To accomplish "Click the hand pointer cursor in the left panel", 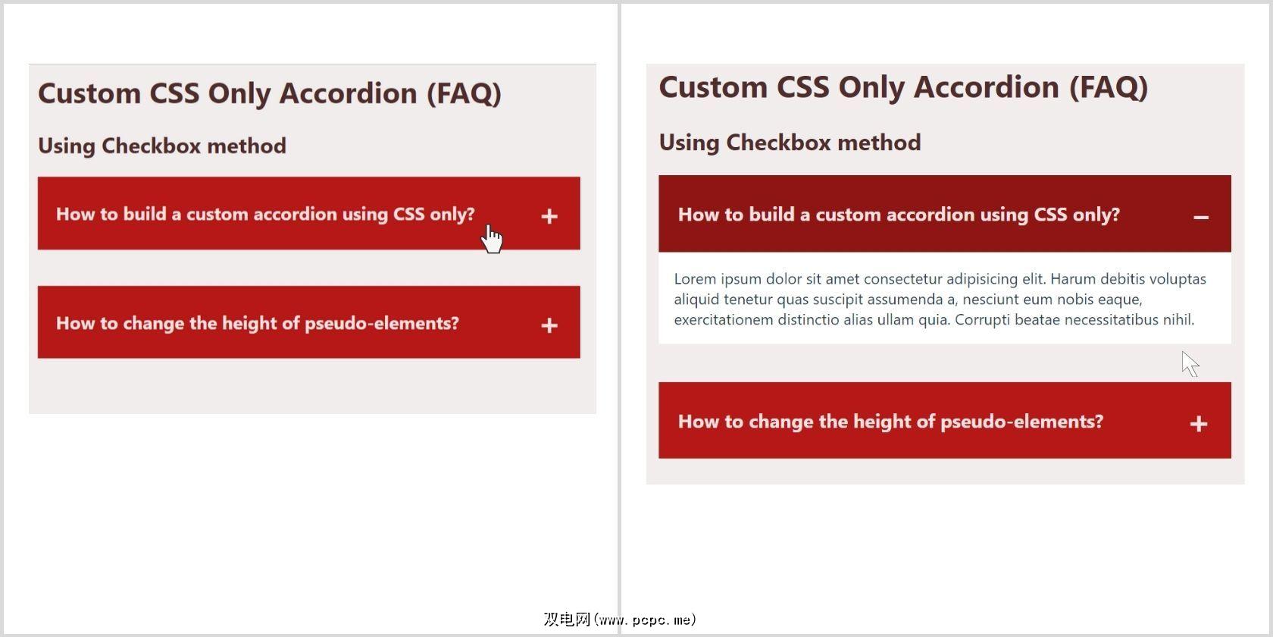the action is coord(492,238).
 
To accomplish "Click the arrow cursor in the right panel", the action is coord(1190,364).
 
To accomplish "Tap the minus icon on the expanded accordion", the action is coord(1201,217).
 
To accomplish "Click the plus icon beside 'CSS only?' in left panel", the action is coord(549,216).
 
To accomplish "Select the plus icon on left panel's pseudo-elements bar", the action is coord(549,325).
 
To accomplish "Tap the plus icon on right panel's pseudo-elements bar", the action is coord(1199,424).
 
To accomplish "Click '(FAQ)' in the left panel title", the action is coord(464,94).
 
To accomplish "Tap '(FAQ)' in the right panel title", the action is coord(1108,88).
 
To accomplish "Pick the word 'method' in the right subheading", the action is coord(879,143).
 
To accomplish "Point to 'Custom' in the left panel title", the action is coord(89,93).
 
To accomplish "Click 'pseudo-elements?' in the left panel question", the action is coord(382,323).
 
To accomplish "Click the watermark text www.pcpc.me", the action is coord(644,620).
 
